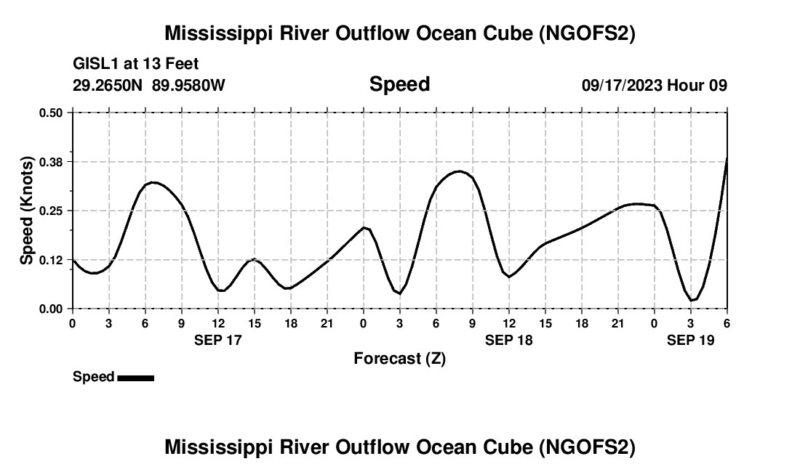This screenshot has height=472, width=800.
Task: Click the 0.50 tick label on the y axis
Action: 51,113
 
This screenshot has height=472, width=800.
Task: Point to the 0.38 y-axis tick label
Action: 51,161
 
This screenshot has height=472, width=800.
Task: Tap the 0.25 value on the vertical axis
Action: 51,211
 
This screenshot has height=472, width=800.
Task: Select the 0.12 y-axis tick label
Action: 51,260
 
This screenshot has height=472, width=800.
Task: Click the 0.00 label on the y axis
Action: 51,309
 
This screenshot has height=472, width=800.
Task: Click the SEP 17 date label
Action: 218,340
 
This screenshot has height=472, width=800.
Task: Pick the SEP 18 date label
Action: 509,340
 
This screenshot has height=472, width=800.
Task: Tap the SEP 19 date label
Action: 691,340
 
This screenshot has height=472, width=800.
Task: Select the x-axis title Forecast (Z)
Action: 400,359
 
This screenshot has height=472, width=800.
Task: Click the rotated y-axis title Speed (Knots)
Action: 27,211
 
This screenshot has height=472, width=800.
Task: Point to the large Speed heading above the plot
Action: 400,84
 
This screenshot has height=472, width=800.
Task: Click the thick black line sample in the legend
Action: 135,378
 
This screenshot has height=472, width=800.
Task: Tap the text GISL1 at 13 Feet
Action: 136,65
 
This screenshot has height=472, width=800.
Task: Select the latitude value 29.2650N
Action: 109,86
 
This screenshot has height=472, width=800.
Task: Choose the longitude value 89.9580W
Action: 188,86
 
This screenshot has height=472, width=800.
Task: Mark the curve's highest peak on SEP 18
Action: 460,171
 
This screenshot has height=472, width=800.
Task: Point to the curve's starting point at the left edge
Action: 73,259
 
